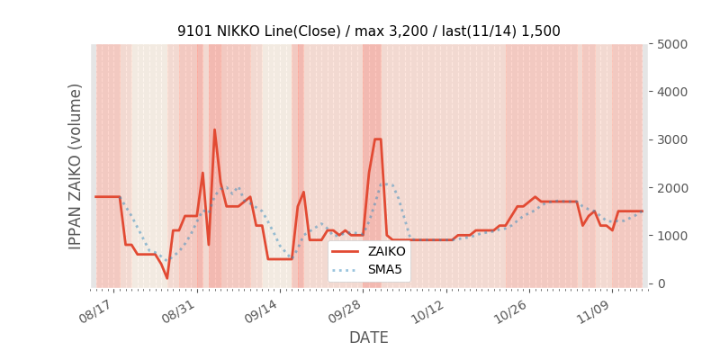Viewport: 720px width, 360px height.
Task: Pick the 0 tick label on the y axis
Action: point(661,283)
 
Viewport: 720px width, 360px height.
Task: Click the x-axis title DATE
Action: point(369,338)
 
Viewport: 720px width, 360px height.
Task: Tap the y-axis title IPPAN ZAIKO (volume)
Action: point(76,166)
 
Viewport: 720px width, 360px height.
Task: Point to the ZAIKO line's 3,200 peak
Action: point(214,130)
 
